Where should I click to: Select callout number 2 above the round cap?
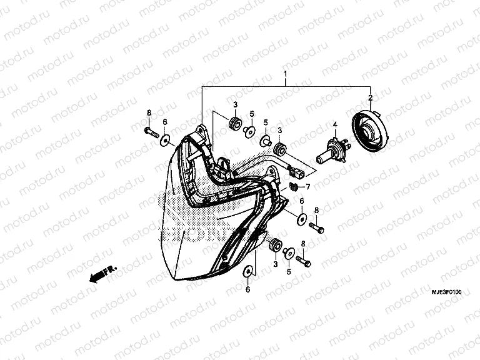pyautogui.click(x=370, y=98)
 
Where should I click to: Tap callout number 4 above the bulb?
pyautogui.click(x=334, y=125)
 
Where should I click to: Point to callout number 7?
pyautogui.click(x=307, y=186)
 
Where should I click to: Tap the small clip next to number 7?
pyautogui.click(x=294, y=187)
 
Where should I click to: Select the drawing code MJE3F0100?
pyautogui.click(x=446, y=292)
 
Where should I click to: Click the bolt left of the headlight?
pyautogui.click(x=151, y=132)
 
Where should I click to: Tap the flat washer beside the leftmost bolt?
pyautogui.click(x=166, y=139)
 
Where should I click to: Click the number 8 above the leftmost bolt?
pyautogui.click(x=149, y=112)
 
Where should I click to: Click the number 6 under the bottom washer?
pyautogui.click(x=248, y=289)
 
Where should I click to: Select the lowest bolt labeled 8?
pyautogui.click(x=304, y=259)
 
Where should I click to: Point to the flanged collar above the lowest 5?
pyautogui.click(x=289, y=252)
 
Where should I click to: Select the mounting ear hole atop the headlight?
pyautogui.click(x=201, y=131)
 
